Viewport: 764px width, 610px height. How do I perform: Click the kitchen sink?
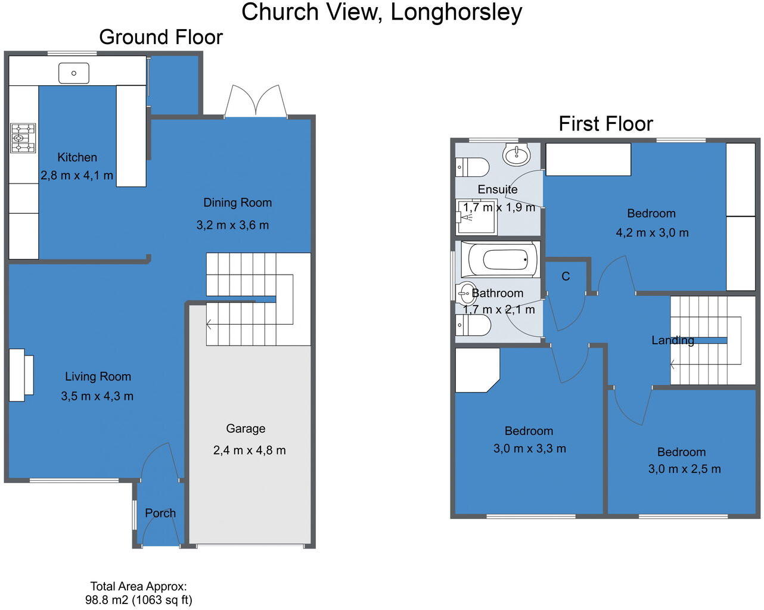[x=74, y=73]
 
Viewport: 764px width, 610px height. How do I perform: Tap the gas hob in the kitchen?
[x=23, y=138]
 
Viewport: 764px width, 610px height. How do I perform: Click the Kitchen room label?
[x=77, y=157]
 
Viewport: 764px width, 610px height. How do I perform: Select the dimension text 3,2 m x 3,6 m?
[x=232, y=225]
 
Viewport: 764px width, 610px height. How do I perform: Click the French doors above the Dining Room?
[x=256, y=101]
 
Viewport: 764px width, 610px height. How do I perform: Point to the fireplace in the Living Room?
[x=21, y=375]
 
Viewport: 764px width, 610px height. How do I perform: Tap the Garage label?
[x=246, y=428]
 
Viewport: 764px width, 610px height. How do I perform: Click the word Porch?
[x=160, y=513]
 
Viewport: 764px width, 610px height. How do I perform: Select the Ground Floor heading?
[x=161, y=37]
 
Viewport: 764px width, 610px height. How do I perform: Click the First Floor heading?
[x=605, y=124]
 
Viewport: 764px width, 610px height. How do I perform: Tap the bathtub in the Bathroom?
[x=504, y=260]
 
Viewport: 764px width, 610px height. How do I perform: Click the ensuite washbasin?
[x=516, y=155]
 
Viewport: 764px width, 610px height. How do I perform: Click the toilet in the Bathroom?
[x=473, y=326]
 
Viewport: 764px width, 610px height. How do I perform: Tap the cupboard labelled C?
[x=566, y=276]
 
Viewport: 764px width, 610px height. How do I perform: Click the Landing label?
[x=672, y=340]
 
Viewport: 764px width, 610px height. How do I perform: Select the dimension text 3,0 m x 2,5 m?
[x=684, y=469]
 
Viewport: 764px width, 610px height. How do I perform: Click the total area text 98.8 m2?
[x=138, y=600]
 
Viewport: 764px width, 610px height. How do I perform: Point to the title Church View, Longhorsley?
[x=381, y=12]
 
